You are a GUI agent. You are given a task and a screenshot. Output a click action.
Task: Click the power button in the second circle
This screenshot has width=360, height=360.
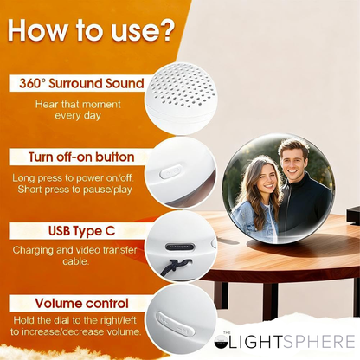coord(168,172)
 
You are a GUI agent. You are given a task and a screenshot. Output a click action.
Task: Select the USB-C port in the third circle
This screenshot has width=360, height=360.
coord(179,246)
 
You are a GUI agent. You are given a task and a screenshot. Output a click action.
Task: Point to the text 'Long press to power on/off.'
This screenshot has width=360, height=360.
coord(68,178)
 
